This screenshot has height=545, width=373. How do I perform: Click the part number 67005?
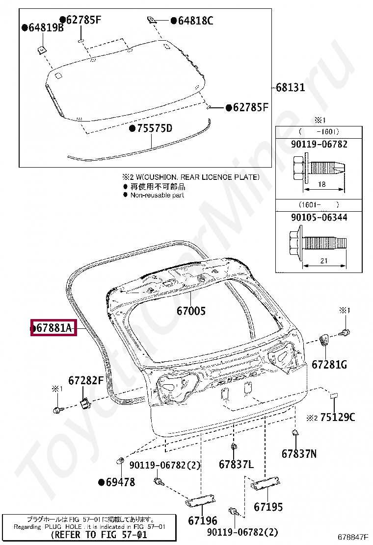(x=191, y=311)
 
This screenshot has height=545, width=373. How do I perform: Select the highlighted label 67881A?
(x=54, y=328)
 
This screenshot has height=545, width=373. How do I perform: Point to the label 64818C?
(x=196, y=21)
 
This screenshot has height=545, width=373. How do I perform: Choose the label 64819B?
(x=46, y=28)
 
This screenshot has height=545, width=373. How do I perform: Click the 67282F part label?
(x=86, y=380)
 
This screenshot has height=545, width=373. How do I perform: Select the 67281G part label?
(x=329, y=365)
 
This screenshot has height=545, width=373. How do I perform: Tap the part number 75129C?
(x=338, y=418)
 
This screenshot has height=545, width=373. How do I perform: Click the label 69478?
(x=120, y=482)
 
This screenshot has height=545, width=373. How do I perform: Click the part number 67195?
(x=268, y=507)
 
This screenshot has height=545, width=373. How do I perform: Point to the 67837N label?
(x=299, y=454)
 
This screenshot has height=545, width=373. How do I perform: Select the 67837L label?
(x=236, y=464)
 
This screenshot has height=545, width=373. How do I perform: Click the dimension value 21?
(x=323, y=261)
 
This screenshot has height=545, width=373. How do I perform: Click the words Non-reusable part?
(x=157, y=195)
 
